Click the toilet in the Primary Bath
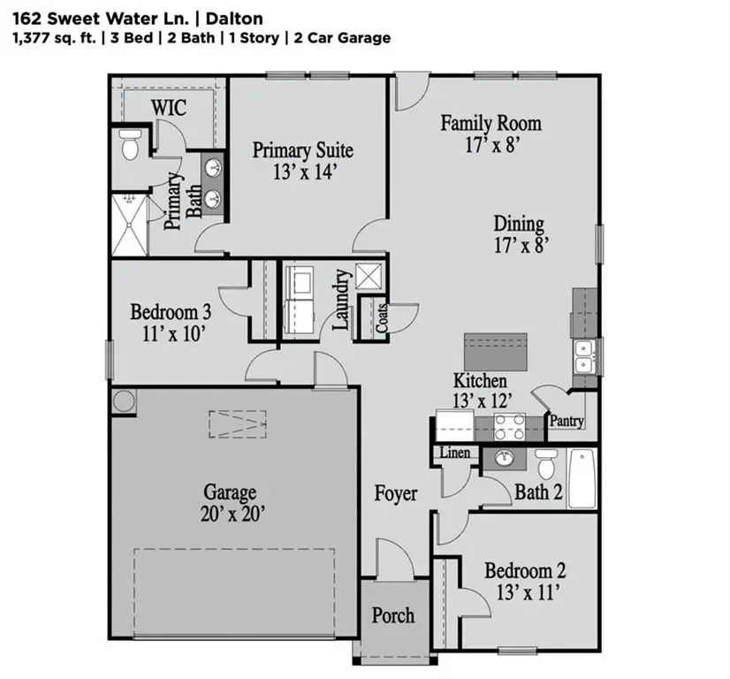click(131, 146)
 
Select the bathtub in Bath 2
click(582, 478)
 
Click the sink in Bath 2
click(505, 458)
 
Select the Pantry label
click(567, 422)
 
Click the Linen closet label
click(455, 453)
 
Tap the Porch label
click(392, 614)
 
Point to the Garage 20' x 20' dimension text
click(230, 513)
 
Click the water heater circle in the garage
click(124, 401)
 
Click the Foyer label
click(395, 493)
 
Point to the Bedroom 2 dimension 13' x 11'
click(524, 592)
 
